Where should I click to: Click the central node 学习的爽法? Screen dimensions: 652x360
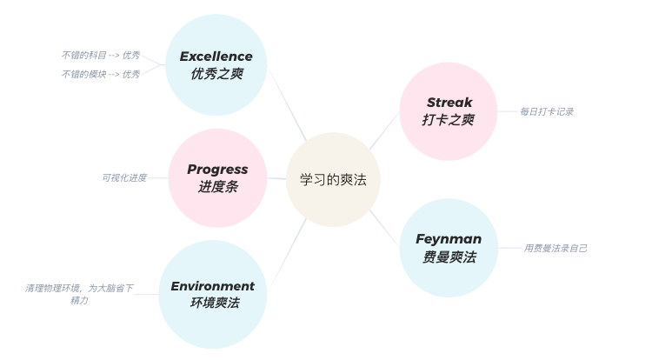(333, 180)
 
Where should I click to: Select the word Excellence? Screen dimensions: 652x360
(216, 57)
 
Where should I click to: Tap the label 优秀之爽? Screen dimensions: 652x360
(216, 74)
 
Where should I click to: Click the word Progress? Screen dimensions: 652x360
(217, 170)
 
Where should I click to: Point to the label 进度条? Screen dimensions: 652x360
(217, 187)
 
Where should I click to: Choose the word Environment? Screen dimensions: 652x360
(213, 286)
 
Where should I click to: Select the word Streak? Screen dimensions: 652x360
(449, 103)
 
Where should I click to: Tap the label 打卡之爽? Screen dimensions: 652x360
(449, 120)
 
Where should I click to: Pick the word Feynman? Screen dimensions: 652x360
(449, 239)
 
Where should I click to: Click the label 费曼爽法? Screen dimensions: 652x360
(449, 257)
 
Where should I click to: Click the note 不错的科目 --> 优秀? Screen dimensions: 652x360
(101, 55)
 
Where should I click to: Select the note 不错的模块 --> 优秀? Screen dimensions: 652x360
(101, 75)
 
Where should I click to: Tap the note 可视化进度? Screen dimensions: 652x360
(124, 177)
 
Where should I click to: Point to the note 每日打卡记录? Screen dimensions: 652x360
(547, 112)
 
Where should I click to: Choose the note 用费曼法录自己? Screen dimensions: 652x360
(556, 249)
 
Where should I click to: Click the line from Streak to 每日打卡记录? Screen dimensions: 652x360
(507, 111)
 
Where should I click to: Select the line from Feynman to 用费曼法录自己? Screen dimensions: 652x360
(509, 249)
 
